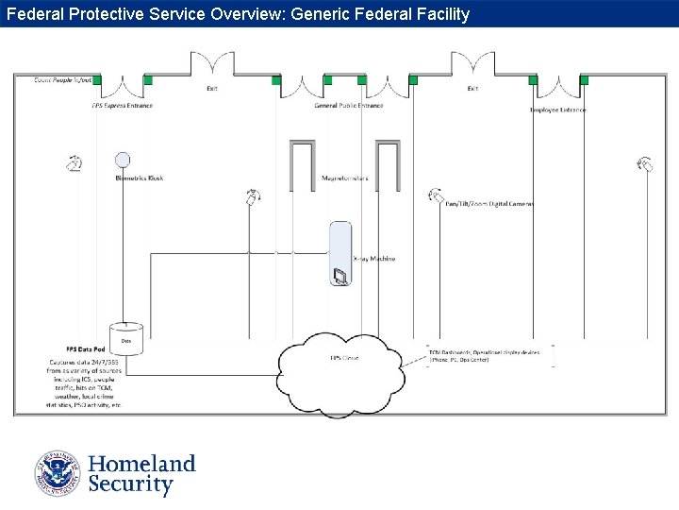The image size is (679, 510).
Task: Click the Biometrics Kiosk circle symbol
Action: point(122,161)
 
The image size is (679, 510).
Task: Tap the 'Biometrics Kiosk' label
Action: point(140,178)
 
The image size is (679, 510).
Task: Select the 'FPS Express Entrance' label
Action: point(123,106)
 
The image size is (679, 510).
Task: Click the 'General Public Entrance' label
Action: point(349,106)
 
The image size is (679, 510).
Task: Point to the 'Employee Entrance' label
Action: point(557,110)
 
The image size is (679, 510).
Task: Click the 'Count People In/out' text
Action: point(62,80)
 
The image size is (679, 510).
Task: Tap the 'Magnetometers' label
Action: point(345,178)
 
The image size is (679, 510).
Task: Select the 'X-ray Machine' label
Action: point(373,259)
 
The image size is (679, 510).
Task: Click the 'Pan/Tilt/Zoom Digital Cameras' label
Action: point(489,204)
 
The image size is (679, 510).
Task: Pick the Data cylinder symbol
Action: point(125,338)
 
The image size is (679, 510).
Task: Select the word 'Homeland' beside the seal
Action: point(141,464)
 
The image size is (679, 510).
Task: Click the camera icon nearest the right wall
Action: point(646,164)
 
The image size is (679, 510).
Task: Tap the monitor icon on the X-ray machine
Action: point(339,276)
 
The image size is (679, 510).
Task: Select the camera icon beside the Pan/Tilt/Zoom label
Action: point(435,195)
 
